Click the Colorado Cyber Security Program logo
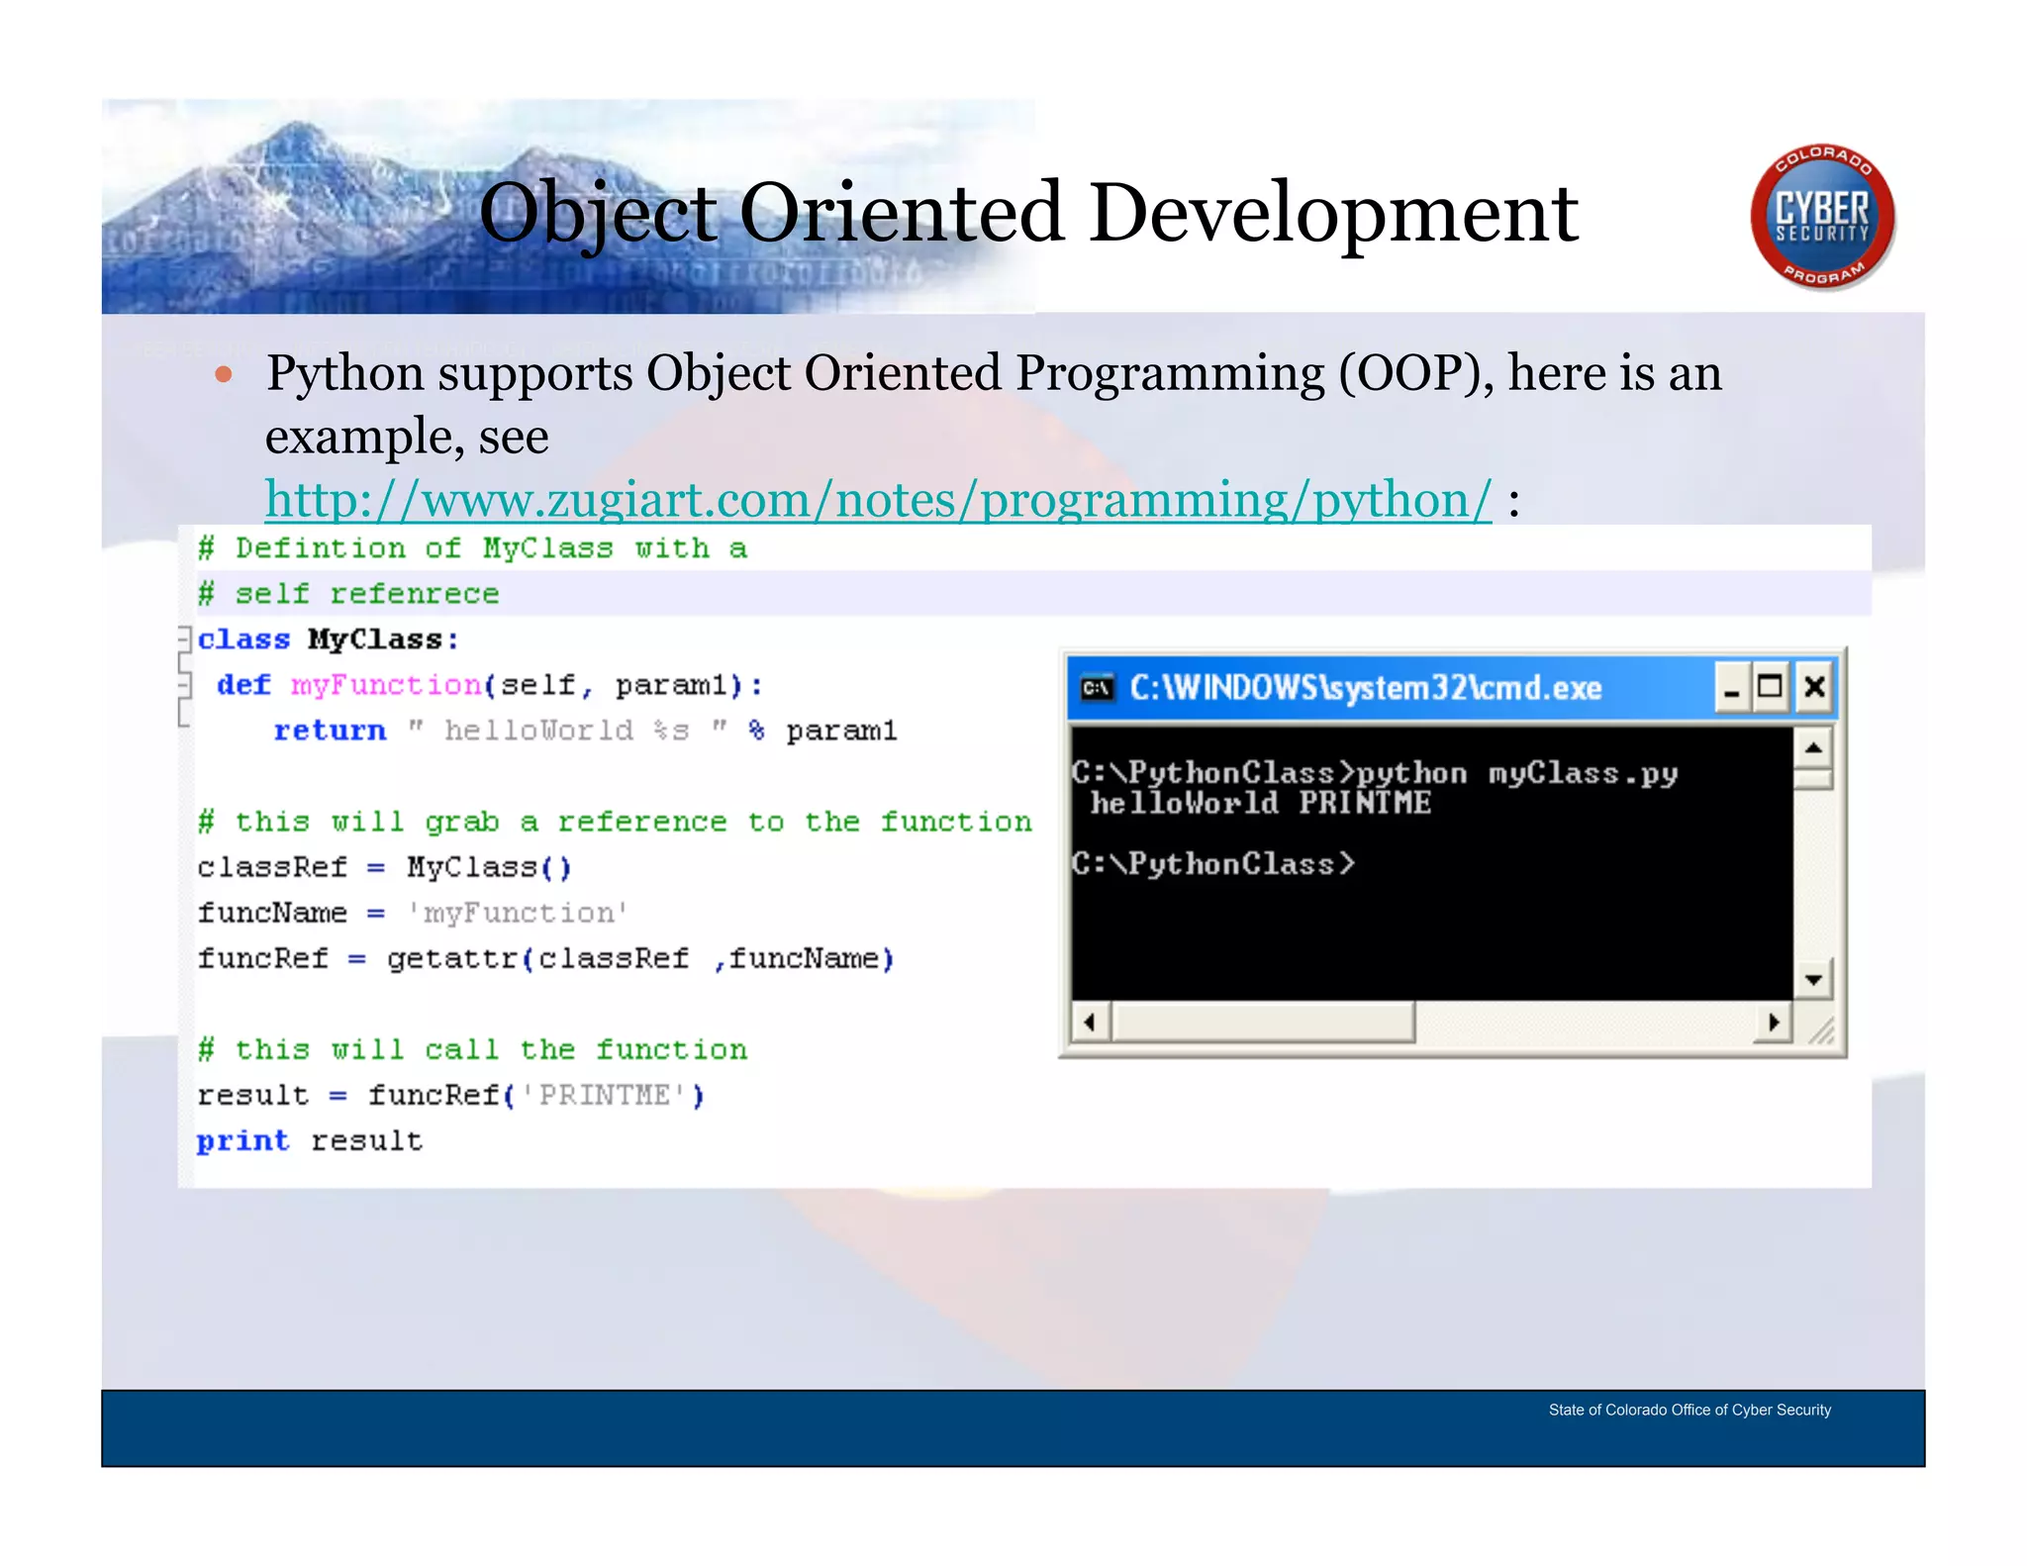click(x=1821, y=217)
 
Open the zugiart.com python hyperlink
click(x=877, y=499)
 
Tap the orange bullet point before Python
click(x=224, y=375)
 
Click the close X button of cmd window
click(x=1814, y=687)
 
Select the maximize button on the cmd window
click(x=1771, y=687)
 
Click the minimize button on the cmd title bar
click(x=1730, y=687)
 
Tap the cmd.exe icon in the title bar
click(x=1097, y=688)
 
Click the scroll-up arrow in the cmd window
click(x=1813, y=747)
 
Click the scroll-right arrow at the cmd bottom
click(x=1773, y=1022)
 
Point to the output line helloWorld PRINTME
click(x=1260, y=803)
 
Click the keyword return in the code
click(x=330, y=731)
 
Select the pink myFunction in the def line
click(x=385, y=685)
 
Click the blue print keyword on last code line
click(x=242, y=1140)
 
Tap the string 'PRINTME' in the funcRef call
click(x=604, y=1095)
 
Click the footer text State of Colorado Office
click(x=1689, y=1410)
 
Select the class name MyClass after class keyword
click(x=374, y=639)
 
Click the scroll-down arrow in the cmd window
click(x=1813, y=980)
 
